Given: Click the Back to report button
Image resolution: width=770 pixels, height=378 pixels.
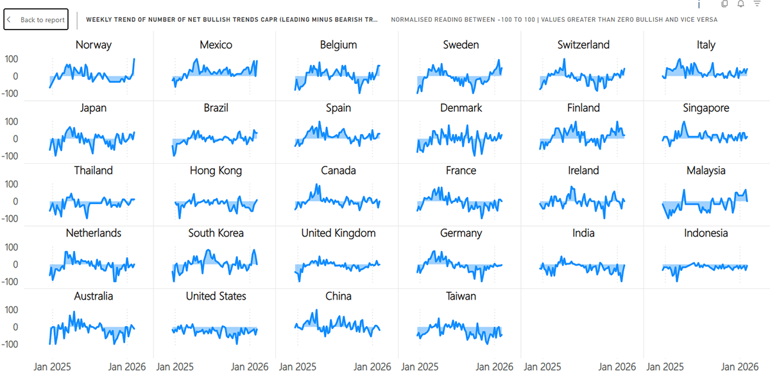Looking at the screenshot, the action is (x=36, y=20).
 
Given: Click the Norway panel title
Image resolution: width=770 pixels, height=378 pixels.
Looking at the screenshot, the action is (x=94, y=45).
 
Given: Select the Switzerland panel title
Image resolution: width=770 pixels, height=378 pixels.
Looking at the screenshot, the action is (x=583, y=45).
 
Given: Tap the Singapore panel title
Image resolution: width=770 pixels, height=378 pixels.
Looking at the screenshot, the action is (x=706, y=108).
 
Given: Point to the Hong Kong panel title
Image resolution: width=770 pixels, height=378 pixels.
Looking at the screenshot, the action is (x=216, y=171).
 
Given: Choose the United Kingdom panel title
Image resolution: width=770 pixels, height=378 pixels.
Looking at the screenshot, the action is (x=338, y=233).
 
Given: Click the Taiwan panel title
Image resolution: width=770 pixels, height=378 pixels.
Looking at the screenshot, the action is (x=461, y=296).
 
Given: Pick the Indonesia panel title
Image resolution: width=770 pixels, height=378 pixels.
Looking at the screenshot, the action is (x=706, y=233).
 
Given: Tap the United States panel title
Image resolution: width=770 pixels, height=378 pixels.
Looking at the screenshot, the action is (x=216, y=296).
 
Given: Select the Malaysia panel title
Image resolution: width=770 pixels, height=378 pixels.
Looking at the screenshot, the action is (x=706, y=171).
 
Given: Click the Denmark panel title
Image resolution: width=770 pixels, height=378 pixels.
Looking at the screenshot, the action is (x=461, y=108).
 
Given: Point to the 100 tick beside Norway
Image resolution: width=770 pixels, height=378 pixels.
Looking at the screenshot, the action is (x=12, y=59).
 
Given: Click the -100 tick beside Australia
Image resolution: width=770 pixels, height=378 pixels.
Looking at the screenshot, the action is (x=10, y=344).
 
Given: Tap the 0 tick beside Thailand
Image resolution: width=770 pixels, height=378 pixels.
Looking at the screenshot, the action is (x=15, y=202).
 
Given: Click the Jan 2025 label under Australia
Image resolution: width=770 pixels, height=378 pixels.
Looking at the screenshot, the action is (x=52, y=367).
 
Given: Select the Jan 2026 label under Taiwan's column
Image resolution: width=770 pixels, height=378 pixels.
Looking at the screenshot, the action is (x=494, y=367).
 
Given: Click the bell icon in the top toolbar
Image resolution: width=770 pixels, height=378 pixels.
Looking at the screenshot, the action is (x=740, y=4).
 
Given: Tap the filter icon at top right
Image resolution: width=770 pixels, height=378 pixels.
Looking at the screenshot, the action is (x=757, y=4).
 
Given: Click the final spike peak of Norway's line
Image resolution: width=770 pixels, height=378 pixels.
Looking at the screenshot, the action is (x=134, y=59).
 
